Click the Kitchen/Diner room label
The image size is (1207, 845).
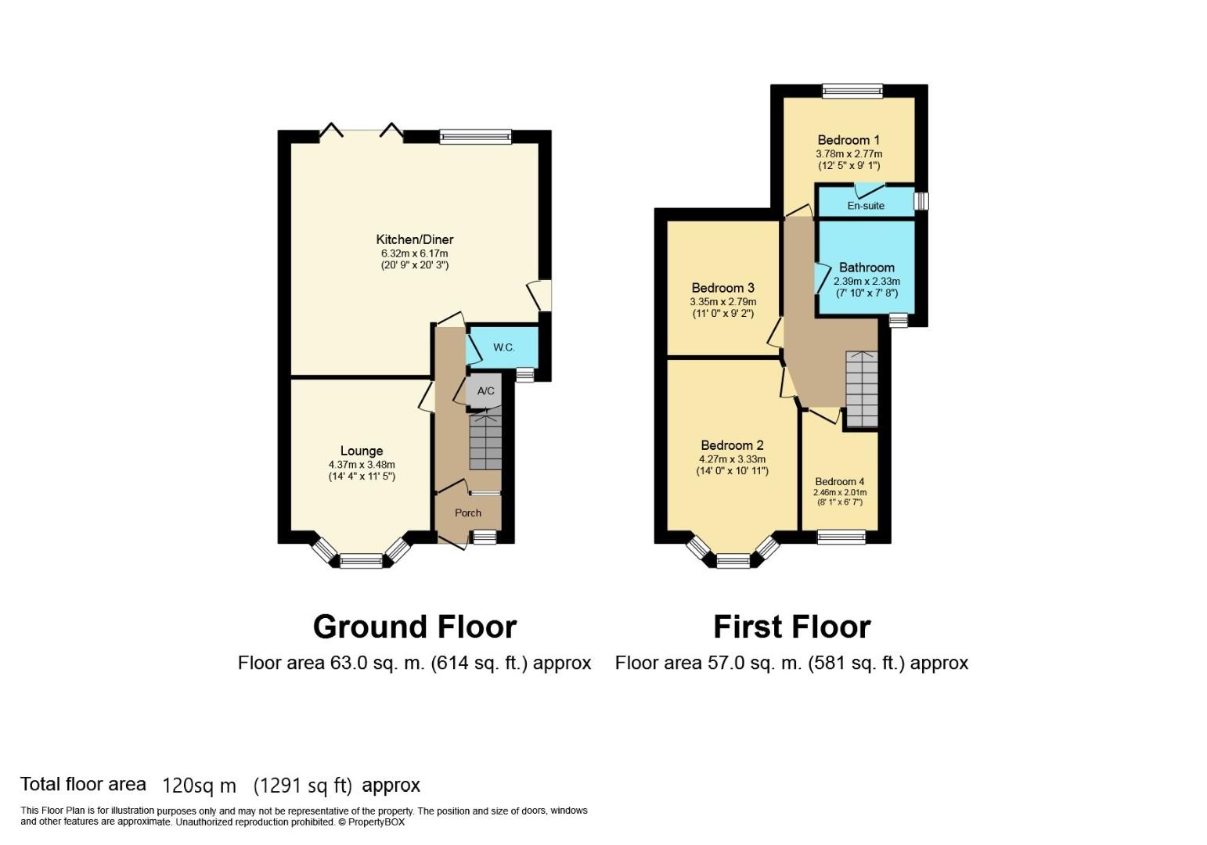[x=414, y=239]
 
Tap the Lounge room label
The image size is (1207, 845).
[x=362, y=451]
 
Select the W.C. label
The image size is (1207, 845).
[x=503, y=347]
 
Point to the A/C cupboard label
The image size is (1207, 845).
[x=485, y=391]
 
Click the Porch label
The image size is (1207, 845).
[x=468, y=513]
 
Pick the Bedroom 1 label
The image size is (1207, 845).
[x=849, y=140]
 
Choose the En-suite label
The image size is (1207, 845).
[x=866, y=206]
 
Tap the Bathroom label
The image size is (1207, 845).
[x=867, y=268]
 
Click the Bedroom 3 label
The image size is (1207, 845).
[x=722, y=288]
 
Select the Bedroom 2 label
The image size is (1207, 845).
[x=732, y=445]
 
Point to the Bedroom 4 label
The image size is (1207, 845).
[x=840, y=482]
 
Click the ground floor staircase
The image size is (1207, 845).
[x=485, y=443]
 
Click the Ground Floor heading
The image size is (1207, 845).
[x=414, y=627]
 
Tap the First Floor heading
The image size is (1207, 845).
[x=791, y=627]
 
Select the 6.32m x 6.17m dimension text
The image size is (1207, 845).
[x=414, y=253]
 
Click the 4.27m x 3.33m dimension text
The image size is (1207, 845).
[x=732, y=459]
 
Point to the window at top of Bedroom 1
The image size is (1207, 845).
[x=852, y=91]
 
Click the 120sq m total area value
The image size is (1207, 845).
[x=199, y=786]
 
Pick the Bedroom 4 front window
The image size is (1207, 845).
[x=841, y=537]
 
